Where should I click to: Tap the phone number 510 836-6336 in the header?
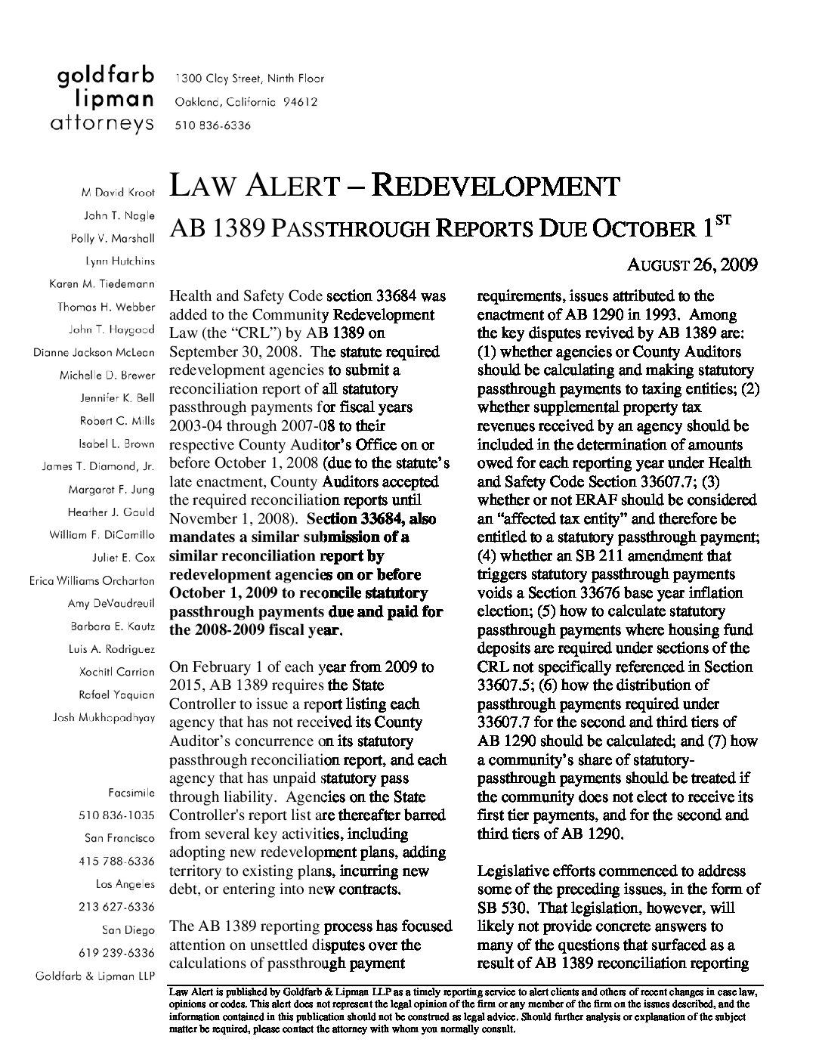point(213,125)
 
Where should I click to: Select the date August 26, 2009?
point(693,265)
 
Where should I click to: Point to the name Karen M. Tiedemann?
point(102,284)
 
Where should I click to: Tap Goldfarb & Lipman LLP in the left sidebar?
point(95,976)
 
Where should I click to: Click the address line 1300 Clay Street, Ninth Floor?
point(249,78)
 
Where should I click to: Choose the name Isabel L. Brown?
point(117,444)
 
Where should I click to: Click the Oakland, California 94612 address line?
point(246,102)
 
